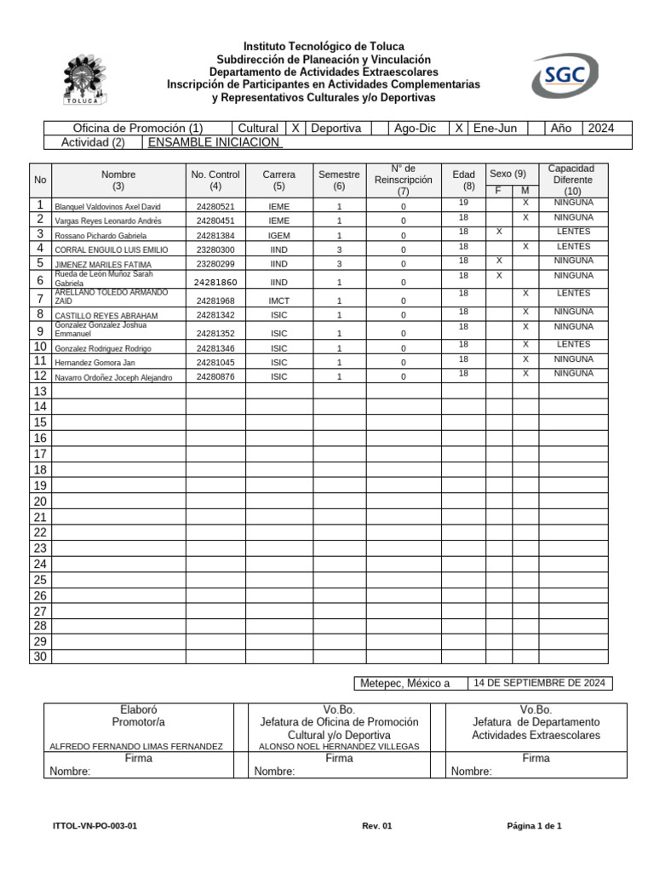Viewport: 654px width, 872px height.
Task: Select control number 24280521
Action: click(215, 207)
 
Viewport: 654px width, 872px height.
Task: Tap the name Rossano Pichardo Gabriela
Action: click(100, 236)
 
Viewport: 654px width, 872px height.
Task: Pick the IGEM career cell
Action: click(279, 236)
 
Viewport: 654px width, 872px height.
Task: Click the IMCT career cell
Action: click(279, 301)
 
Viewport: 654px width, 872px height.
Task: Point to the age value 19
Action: click(464, 203)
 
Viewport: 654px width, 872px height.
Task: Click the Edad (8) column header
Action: click(464, 180)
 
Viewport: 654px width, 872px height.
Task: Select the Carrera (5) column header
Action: click(279, 180)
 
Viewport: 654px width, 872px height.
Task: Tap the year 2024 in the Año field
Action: click(600, 128)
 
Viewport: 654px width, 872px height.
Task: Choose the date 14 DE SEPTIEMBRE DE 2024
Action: click(539, 683)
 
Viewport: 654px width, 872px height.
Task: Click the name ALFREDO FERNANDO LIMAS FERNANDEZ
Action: click(136, 746)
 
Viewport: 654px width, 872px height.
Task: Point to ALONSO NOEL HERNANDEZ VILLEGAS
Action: click(339, 746)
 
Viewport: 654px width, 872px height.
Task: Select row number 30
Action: click(40, 657)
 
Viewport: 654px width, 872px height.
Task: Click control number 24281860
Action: click(215, 282)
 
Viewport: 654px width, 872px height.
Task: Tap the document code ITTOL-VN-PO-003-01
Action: click(95, 826)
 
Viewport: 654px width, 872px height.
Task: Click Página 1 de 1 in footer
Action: click(534, 826)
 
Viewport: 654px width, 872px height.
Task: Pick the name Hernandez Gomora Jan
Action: click(95, 363)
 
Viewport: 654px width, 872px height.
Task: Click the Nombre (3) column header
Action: click(118, 180)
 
